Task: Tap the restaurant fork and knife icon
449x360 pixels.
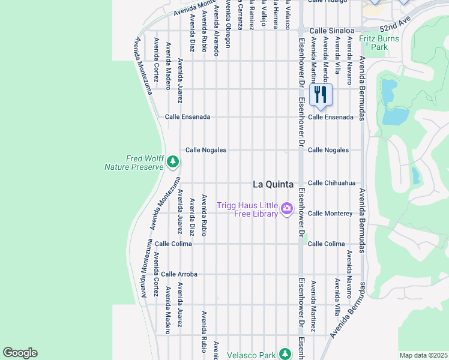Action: click(321, 95)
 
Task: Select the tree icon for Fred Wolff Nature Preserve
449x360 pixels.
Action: click(173, 161)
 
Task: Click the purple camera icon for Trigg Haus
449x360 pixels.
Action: click(286, 208)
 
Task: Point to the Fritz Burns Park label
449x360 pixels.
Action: click(375, 42)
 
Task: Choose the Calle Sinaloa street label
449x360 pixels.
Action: click(332, 29)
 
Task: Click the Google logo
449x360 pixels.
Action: click(20, 353)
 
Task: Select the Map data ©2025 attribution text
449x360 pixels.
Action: click(423, 355)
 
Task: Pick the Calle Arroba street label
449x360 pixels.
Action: click(179, 274)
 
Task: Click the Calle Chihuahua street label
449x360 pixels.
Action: click(331, 183)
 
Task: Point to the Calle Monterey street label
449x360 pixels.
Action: click(330, 214)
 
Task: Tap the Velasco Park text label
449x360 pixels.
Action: click(251, 355)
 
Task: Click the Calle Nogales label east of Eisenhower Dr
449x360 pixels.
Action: click(328, 150)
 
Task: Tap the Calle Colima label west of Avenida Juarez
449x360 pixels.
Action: click(173, 244)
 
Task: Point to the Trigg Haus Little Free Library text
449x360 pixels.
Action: click(247, 209)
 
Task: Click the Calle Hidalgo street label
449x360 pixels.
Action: click(328, 2)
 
